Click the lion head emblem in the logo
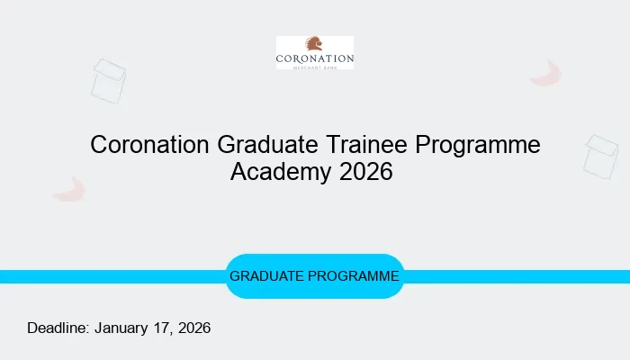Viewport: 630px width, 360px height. pyautogui.click(x=314, y=45)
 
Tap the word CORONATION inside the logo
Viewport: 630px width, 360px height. pyautogui.click(x=315, y=59)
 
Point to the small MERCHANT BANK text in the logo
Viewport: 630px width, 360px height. pyautogui.click(x=315, y=67)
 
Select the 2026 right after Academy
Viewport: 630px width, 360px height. pyautogui.click(x=366, y=171)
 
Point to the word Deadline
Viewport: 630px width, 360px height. pyautogui.click(x=58, y=328)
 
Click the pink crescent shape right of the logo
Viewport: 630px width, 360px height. pyautogui.click(x=546, y=74)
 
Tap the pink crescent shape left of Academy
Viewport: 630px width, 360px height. pyautogui.click(x=69, y=189)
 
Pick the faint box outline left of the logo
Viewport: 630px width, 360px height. pyautogui.click(x=109, y=80)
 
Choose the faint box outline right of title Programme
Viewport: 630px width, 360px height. pyautogui.click(x=600, y=156)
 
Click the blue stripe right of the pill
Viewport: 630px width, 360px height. pyautogui.click(x=517, y=276)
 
